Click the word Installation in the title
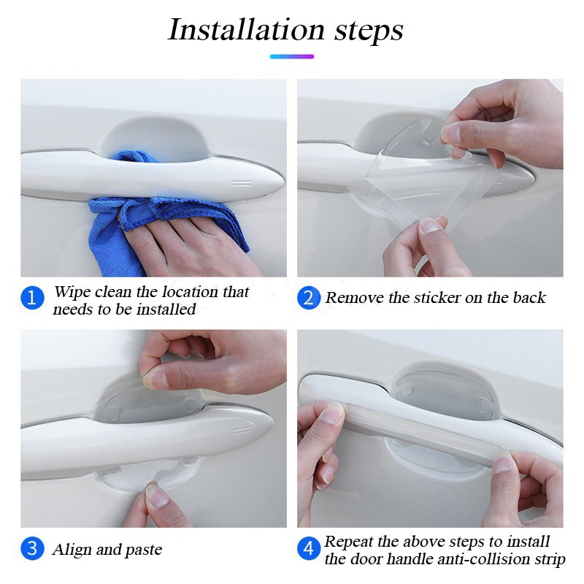tap(247, 30)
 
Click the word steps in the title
tap(369, 31)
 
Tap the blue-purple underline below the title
tap(292, 57)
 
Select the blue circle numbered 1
tap(32, 298)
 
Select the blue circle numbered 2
tap(309, 298)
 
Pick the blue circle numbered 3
tap(32, 548)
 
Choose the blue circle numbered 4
tap(309, 548)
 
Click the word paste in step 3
tap(144, 551)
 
